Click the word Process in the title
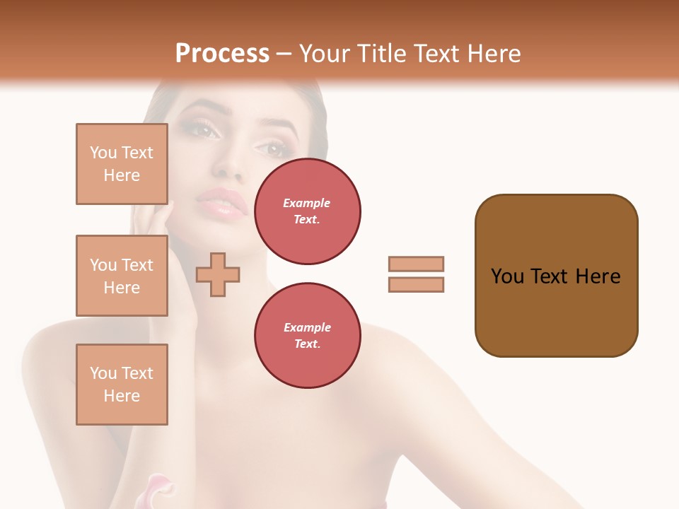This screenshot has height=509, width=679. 222,54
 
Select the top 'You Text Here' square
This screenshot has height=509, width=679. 122,164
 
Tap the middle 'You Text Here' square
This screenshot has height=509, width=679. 122,276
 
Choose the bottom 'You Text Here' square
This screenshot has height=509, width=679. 122,385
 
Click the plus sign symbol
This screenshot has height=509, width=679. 218,274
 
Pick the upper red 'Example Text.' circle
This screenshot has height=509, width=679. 307,211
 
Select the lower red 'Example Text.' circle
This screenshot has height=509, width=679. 307,336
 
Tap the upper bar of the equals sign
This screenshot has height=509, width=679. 416,264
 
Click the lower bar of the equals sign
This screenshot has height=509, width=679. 416,284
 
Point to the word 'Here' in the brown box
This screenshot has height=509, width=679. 598,276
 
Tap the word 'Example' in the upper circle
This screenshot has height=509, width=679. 307,203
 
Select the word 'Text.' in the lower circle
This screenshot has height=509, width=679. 307,344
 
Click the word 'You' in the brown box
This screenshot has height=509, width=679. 507,276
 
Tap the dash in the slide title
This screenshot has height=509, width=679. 284,54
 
